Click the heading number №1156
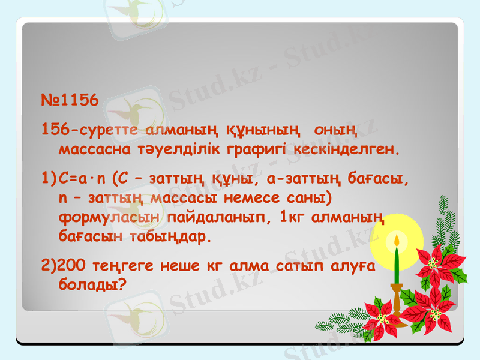pyautogui.click(x=70, y=100)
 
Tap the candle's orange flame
pyautogui.click(x=397, y=241)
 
